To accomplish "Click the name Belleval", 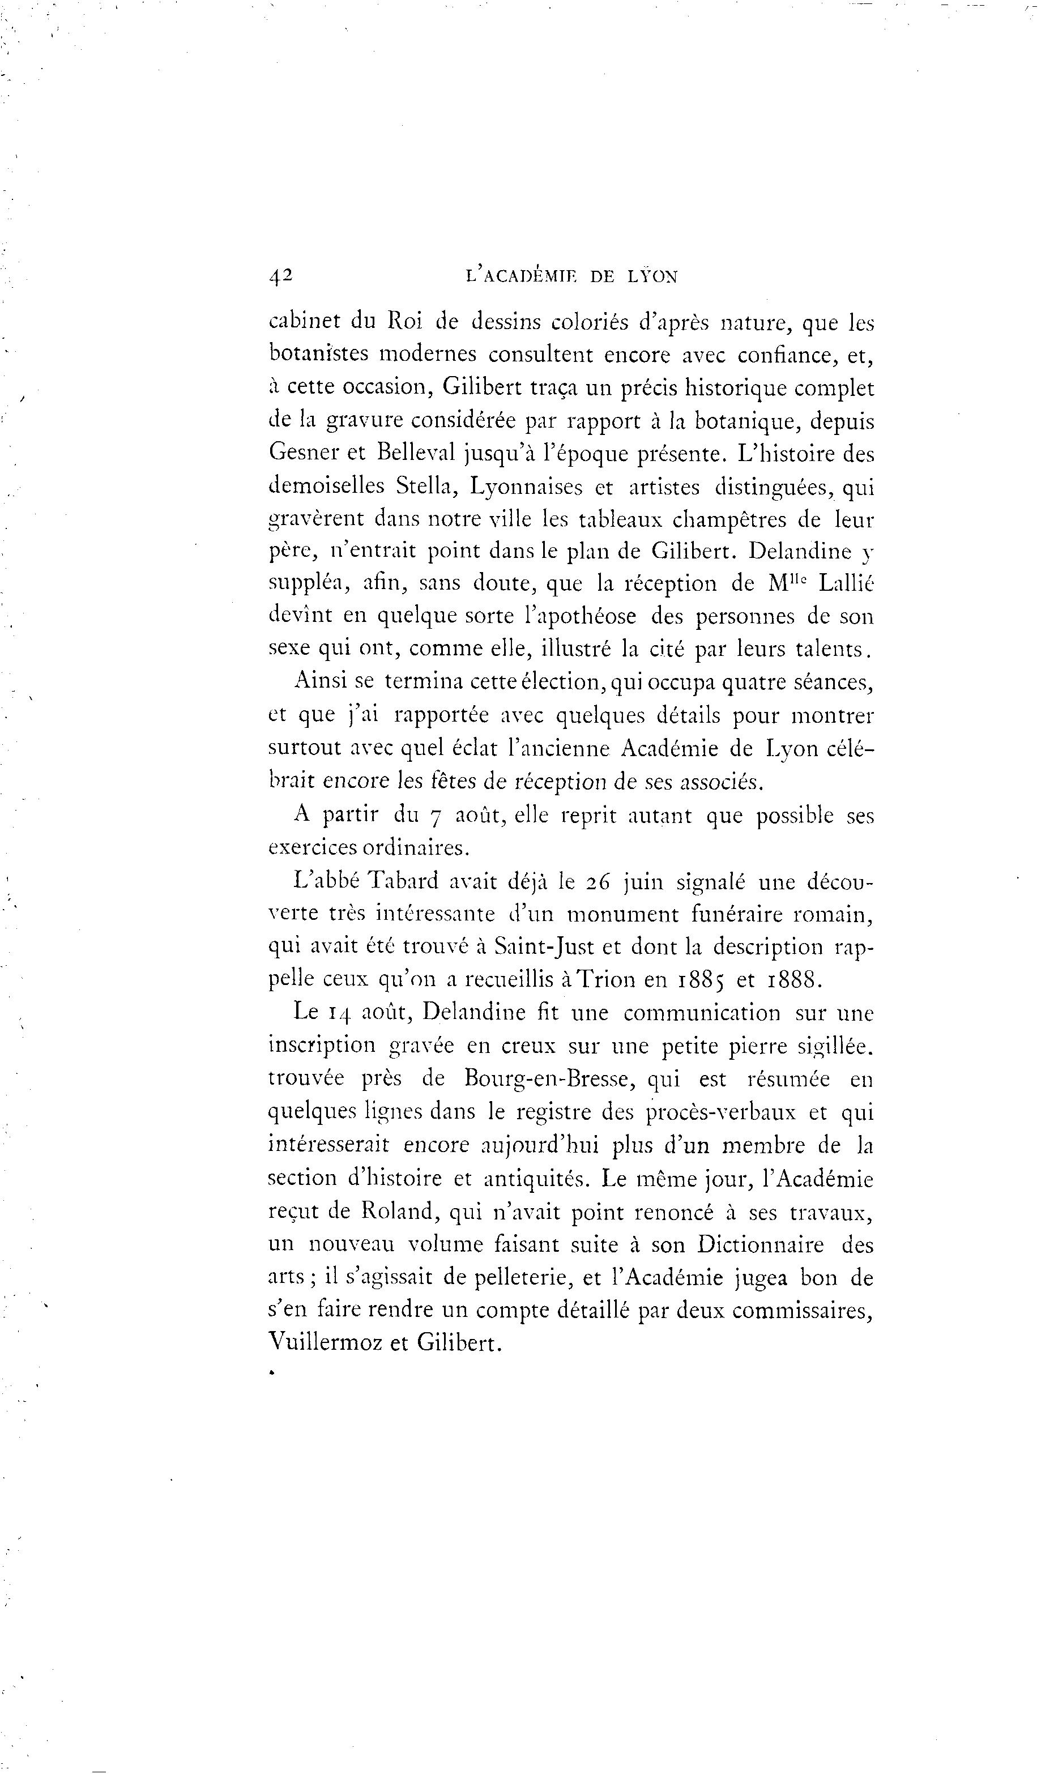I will [x=419, y=453].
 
